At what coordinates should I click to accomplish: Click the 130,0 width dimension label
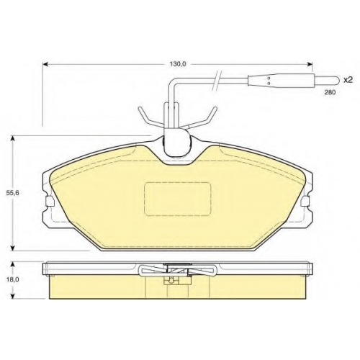click(x=178, y=64)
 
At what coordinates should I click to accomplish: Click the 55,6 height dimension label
click(x=13, y=192)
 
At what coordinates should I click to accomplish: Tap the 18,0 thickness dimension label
click(x=13, y=279)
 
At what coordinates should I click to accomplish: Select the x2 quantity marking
click(x=348, y=80)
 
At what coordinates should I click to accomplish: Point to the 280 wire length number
click(x=330, y=92)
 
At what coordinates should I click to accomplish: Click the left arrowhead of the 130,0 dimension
click(x=45, y=64)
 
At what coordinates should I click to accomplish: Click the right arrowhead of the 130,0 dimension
click(x=310, y=64)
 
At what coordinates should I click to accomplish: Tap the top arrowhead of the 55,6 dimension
click(x=13, y=139)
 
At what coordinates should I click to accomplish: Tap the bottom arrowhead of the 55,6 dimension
click(x=13, y=248)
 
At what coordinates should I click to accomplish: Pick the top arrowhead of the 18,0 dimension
click(x=13, y=265)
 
